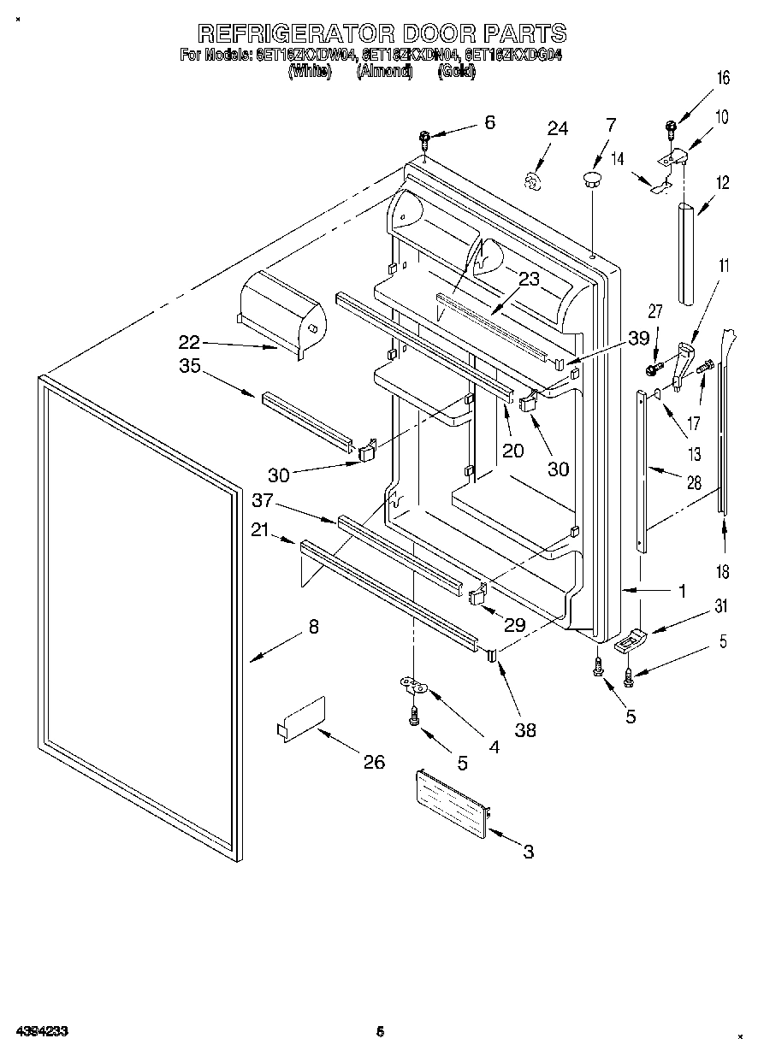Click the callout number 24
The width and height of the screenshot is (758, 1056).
click(x=557, y=129)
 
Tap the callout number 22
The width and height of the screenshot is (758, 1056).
click(x=188, y=343)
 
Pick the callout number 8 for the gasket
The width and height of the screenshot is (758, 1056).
click(x=313, y=627)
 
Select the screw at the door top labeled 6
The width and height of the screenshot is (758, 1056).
click(x=424, y=138)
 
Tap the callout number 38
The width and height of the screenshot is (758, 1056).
click(x=525, y=729)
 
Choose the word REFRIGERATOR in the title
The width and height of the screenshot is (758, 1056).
click(x=296, y=34)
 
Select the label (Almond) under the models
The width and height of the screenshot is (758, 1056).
click(x=385, y=72)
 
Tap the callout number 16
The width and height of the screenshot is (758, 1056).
click(x=723, y=79)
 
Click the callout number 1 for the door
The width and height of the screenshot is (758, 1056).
click(x=683, y=589)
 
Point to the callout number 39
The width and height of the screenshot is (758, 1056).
click(x=639, y=339)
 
